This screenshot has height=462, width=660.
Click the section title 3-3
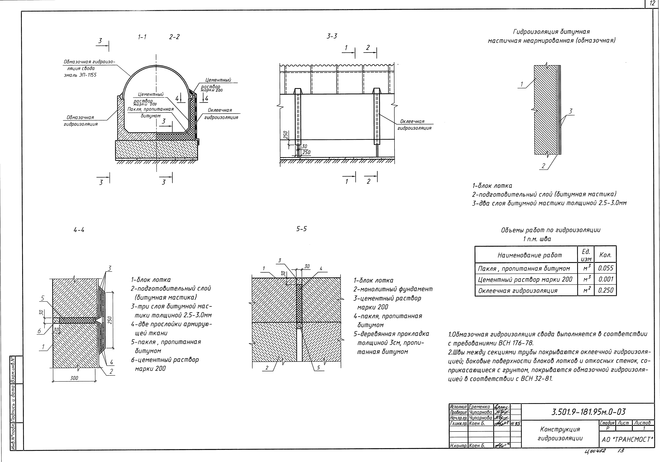click(x=332, y=36)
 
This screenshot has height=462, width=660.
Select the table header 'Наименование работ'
click(x=529, y=255)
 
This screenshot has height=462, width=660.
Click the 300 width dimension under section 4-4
click(x=74, y=378)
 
